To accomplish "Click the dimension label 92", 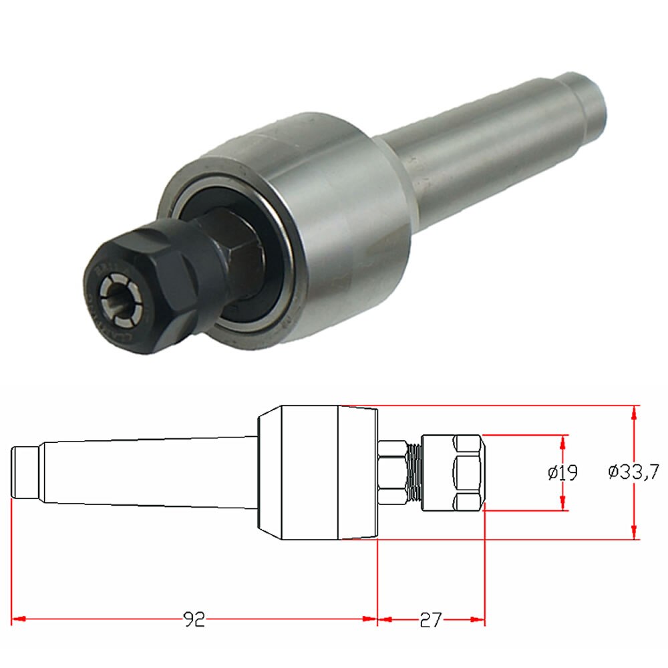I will [194, 619].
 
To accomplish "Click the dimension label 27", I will [431, 619].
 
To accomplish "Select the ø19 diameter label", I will [562, 473].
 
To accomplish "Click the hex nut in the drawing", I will [393, 472].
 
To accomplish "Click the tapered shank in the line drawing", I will [147, 472].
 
